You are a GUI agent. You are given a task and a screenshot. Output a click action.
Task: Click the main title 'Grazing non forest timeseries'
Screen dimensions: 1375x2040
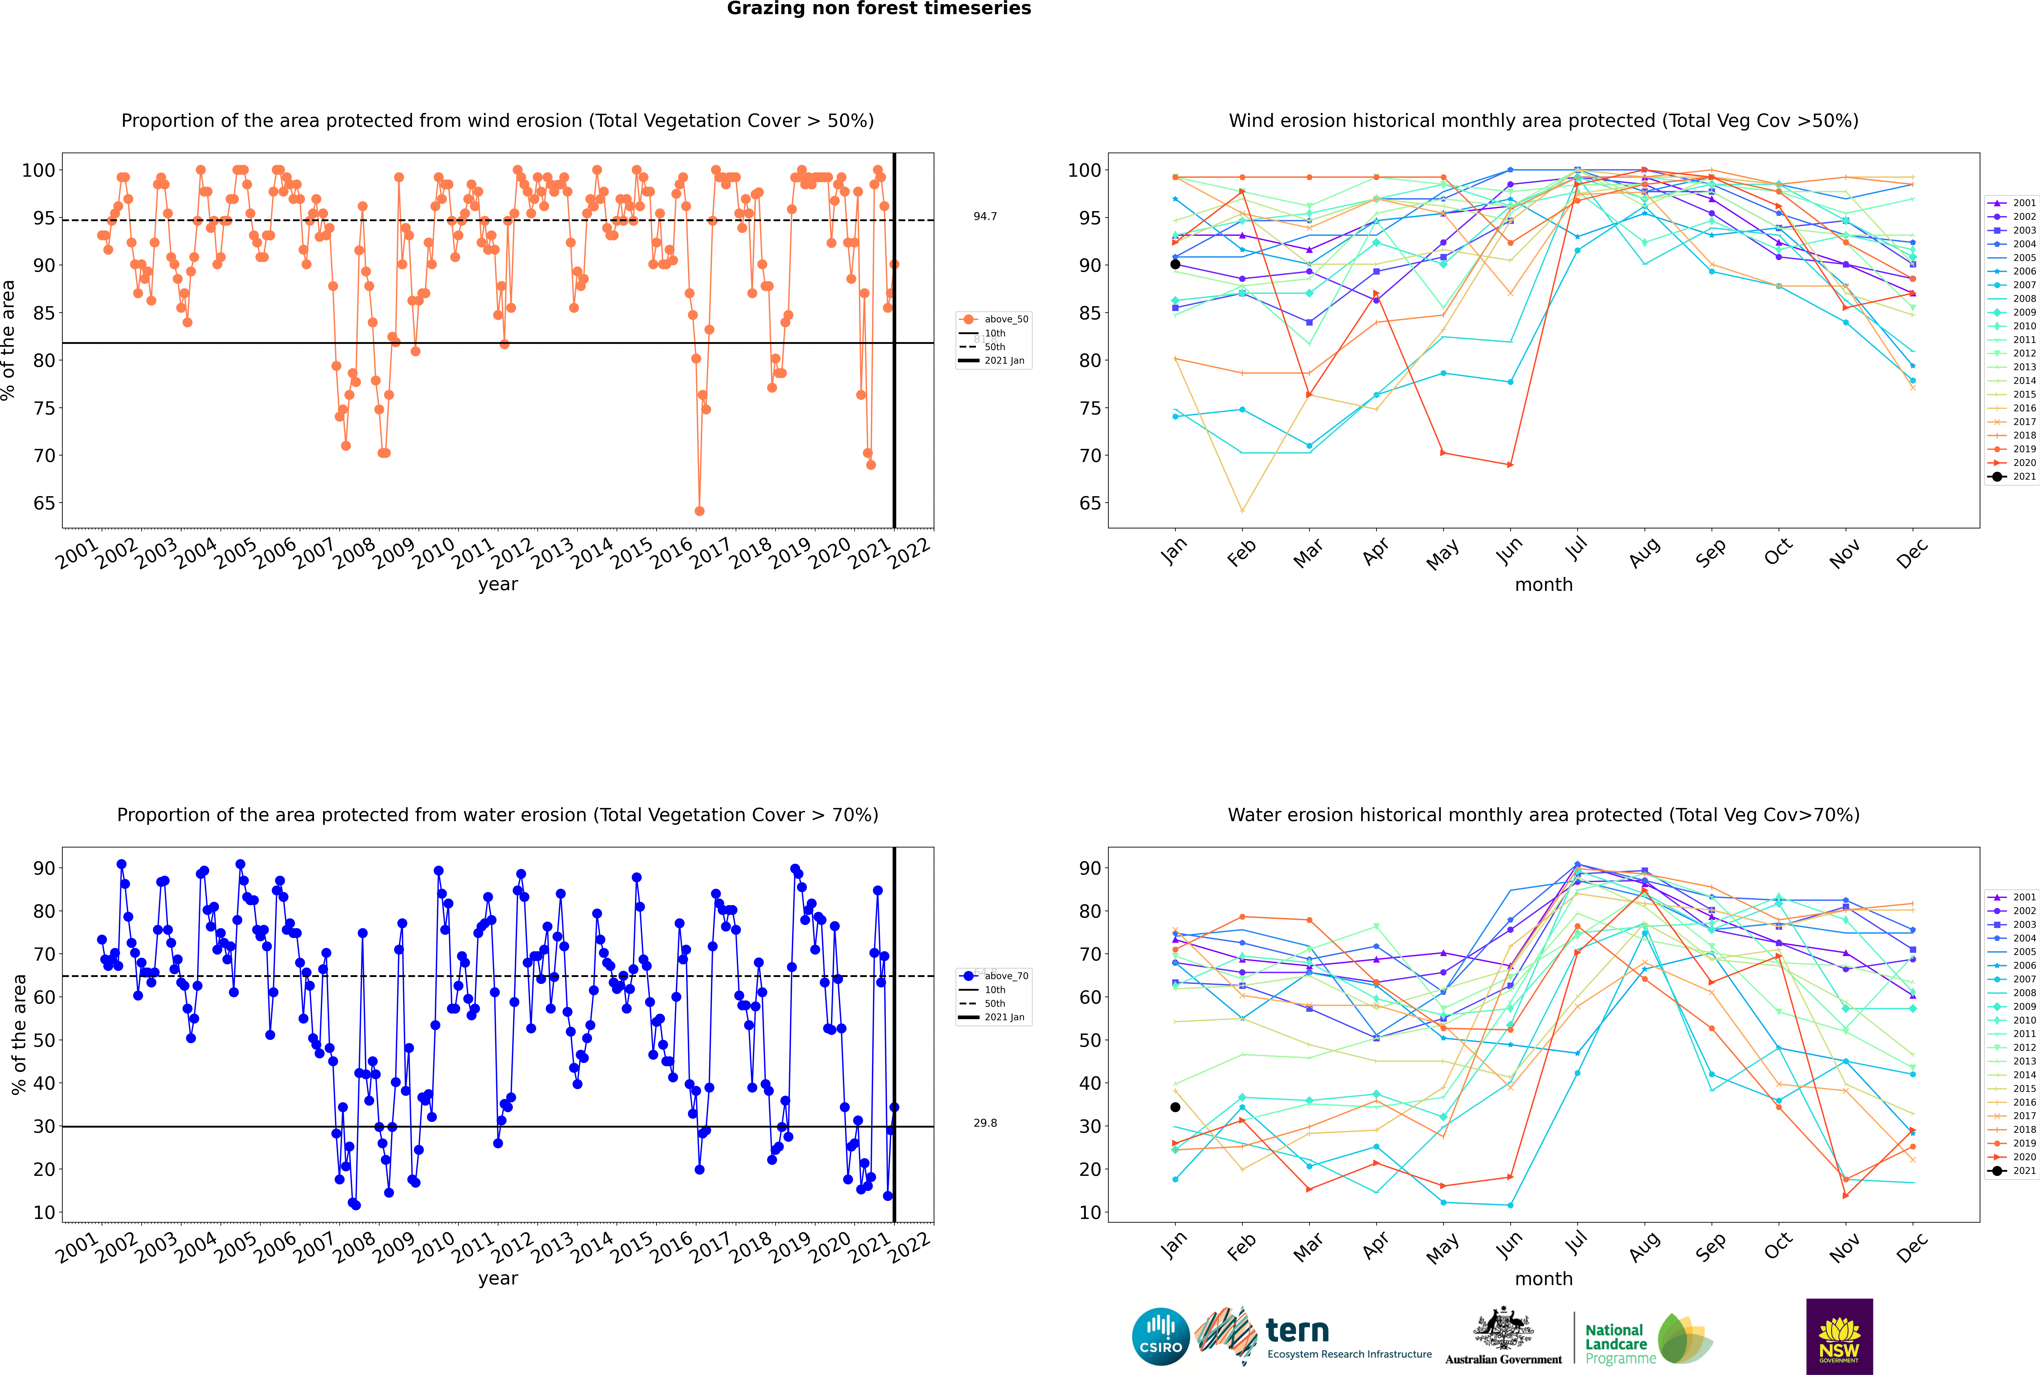[x=879, y=9]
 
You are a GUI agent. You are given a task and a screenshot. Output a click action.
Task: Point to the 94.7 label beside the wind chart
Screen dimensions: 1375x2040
[x=985, y=217]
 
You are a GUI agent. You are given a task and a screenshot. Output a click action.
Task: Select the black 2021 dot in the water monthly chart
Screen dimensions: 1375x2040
[x=1175, y=1107]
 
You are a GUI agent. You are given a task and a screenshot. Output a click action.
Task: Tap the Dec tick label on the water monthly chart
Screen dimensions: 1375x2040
[x=1912, y=1246]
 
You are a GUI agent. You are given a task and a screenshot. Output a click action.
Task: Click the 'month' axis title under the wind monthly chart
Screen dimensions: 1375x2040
[x=1544, y=585]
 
